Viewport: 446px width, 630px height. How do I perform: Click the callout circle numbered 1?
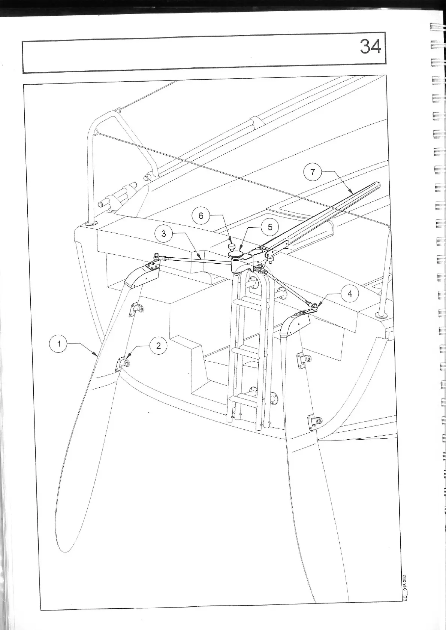pyautogui.click(x=58, y=344)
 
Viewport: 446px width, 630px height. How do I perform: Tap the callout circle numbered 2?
pyautogui.click(x=158, y=345)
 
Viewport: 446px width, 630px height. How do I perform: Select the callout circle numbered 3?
pyautogui.click(x=163, y=234)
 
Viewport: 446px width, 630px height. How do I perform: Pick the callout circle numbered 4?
pyautogui.click(x=350, y=294)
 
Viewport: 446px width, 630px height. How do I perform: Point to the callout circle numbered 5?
pyautogui.click(x=270, y=227)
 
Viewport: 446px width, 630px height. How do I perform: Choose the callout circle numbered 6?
pyautogui.click(x=201, y=215)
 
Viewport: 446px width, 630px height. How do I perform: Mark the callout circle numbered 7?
pyautogui.click(x=313, y=172)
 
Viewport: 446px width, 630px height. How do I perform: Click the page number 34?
pyautogui.click(x=370, y=47)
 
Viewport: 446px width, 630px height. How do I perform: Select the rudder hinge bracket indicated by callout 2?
pyautogui.click(x=123, y=363)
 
